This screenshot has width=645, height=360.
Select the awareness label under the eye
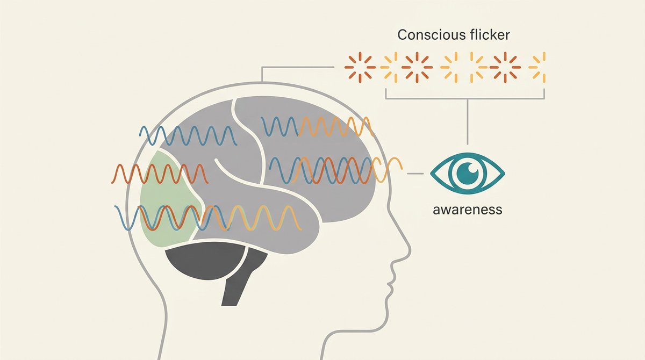click(x=467, y=210)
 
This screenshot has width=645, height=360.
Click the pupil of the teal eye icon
click(x=468, y=173)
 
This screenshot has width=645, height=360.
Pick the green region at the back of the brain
click(x=170, y=199)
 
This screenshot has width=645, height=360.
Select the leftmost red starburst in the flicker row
click(x=360, y=67)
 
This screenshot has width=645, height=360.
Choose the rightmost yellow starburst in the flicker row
click(x=537, y=67)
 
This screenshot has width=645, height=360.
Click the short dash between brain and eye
click(x=415, y=174)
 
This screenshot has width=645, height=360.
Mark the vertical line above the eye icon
click(x=467, y=122)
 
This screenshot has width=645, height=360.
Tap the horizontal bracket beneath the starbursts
click(x=465, y=98)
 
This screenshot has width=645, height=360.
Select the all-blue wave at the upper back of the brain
click(x=188, y=135)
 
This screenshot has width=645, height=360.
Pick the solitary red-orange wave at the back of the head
click(x=160, y=174)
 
